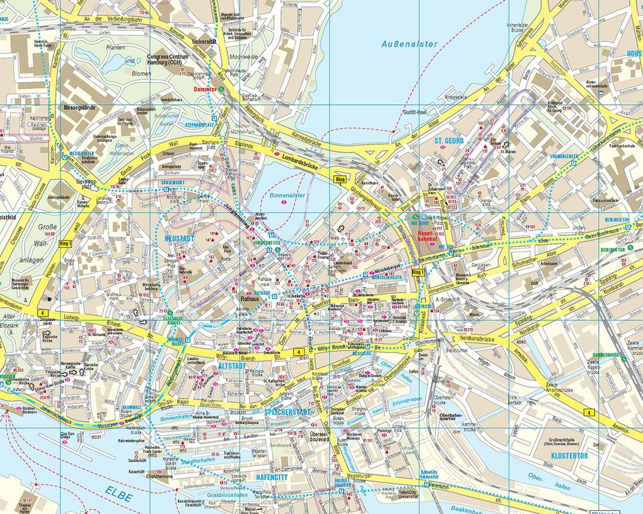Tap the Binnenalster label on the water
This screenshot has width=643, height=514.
[287, 196]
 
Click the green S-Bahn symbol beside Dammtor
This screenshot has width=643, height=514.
[223, 90]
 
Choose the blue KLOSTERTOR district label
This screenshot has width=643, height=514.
[569, 455]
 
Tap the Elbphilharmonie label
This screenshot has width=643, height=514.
[146, 477]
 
